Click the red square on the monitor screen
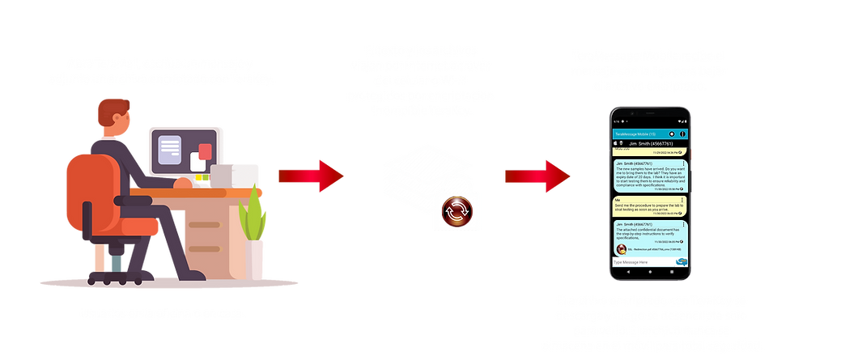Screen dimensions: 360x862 click(x=206, y=151)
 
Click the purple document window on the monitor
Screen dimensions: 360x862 click(x=169, y=148)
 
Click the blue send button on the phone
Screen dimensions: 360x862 click(x=682, y=262)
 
